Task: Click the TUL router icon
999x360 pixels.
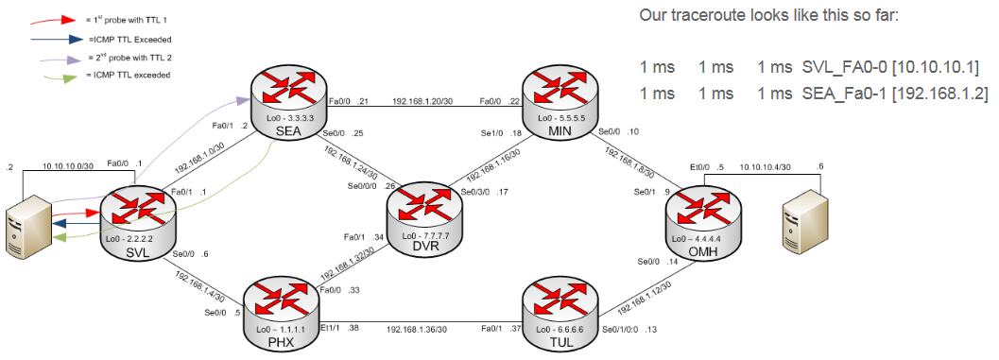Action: pos(560,311)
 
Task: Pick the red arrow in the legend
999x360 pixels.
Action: pos(58,20)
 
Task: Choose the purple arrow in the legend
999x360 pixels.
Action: pos(58,59)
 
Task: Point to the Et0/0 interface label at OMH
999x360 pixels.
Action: pos(699,168)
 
